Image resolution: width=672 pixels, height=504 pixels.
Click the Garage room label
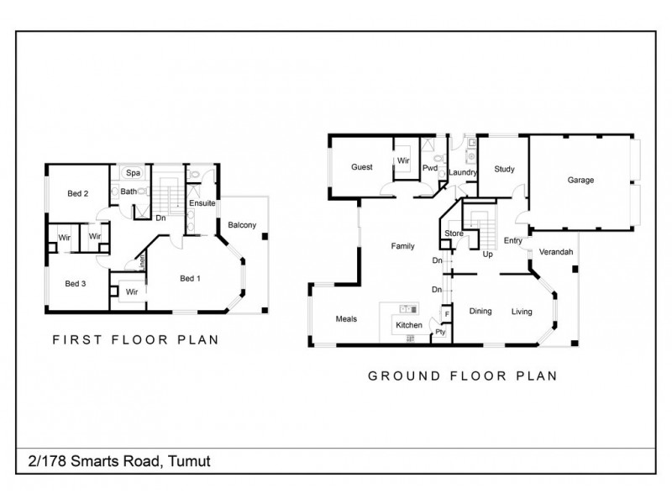coord(580,180)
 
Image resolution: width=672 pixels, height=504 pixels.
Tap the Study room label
coord(505,169)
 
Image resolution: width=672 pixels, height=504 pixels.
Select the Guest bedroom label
coord(362,166)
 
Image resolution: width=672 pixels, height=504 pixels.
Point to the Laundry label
coord(463,172)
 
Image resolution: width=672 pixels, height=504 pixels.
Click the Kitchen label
coord(409,325)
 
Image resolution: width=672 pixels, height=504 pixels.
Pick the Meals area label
coord(346,319)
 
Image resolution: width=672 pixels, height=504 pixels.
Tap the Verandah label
coord(556,252)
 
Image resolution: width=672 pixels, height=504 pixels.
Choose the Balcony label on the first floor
coord(242,225)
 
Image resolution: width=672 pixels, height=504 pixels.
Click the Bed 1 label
coord(191,279)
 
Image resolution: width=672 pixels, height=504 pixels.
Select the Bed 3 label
coord(76,283)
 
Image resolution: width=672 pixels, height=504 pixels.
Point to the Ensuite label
coord(202,203)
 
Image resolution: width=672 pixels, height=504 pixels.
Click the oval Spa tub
coord(133,173)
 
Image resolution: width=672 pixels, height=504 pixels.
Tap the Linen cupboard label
coord(142,262)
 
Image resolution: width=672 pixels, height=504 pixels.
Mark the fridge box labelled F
coord(447,314)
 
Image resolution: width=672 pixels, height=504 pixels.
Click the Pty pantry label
coord(440,332)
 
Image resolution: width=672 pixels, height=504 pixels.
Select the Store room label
coord(454,234)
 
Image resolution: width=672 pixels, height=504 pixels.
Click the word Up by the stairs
coord(488,255)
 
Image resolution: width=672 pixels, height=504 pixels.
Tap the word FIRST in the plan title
coord(77,340)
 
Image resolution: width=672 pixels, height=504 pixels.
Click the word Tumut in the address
coord(189,461)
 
